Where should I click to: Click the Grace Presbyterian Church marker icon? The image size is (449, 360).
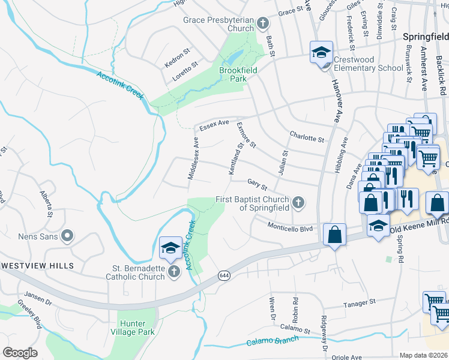262,24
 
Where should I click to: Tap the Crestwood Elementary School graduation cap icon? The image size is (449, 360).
321,52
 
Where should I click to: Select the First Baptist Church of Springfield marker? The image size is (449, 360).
297,203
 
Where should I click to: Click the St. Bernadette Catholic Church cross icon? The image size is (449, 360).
174,272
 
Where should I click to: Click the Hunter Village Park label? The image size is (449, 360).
133,328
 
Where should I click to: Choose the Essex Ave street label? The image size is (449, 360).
214,125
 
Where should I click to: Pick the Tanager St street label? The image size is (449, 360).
359,304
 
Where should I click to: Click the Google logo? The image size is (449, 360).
20,353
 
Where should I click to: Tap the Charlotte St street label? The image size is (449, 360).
306,136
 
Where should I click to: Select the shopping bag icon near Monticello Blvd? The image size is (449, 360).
334,235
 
